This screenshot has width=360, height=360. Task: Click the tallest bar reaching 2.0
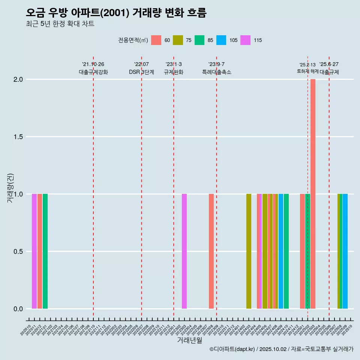point(313,194)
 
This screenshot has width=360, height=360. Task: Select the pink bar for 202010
point(34,251)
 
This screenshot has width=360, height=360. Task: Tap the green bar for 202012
point(45,251)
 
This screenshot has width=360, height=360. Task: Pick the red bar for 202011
point(40,251)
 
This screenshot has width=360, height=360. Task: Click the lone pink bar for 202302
point(184,251)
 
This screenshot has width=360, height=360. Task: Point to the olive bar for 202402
point(249,251)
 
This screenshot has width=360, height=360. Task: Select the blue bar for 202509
point(345,251)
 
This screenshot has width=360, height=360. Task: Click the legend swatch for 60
point(156,40)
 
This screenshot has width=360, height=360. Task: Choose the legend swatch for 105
point(221,40)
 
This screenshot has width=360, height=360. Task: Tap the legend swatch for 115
point(245,40)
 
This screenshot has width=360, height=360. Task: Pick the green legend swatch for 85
point(199,40)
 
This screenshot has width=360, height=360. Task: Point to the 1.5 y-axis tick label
point(18,137)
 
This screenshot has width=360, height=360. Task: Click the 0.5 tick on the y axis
point(18,252)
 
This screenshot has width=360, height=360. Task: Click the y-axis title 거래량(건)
point(10,188)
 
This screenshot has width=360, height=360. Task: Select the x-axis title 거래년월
point(189,340)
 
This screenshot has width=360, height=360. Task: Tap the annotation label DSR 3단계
point(141,72)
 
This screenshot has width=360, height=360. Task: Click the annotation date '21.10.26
point(93,64)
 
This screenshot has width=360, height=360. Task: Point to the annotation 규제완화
point(174,72)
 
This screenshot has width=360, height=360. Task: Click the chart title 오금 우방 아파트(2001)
point(116,13)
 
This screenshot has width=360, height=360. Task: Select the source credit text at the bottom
point(281,349)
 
